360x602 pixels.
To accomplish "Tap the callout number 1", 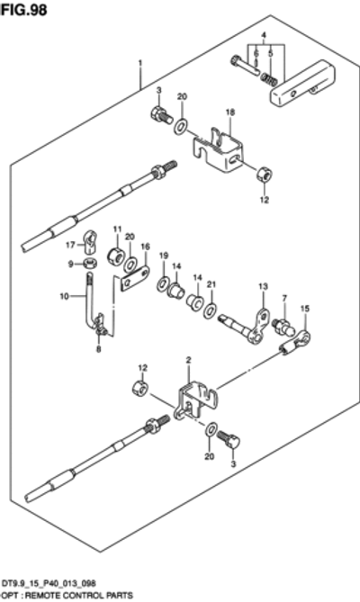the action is pos(140,62).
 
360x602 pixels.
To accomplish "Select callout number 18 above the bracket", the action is pos(229,112).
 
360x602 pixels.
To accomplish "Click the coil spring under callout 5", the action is pos(269,79).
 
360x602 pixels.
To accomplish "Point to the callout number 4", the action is pos(264,36).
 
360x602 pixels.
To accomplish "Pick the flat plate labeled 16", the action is pos(135,279).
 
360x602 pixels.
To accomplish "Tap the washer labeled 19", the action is pos(162,284).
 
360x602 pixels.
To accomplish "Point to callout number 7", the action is pos(284,299).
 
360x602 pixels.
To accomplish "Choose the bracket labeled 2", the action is pos(196,400).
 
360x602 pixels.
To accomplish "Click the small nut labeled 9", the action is pos(89,265).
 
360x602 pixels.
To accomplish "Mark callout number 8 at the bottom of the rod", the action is pos(99,349).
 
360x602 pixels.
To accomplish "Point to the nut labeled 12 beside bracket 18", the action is pos(265,175).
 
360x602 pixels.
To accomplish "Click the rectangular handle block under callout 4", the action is pos(302,85).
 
